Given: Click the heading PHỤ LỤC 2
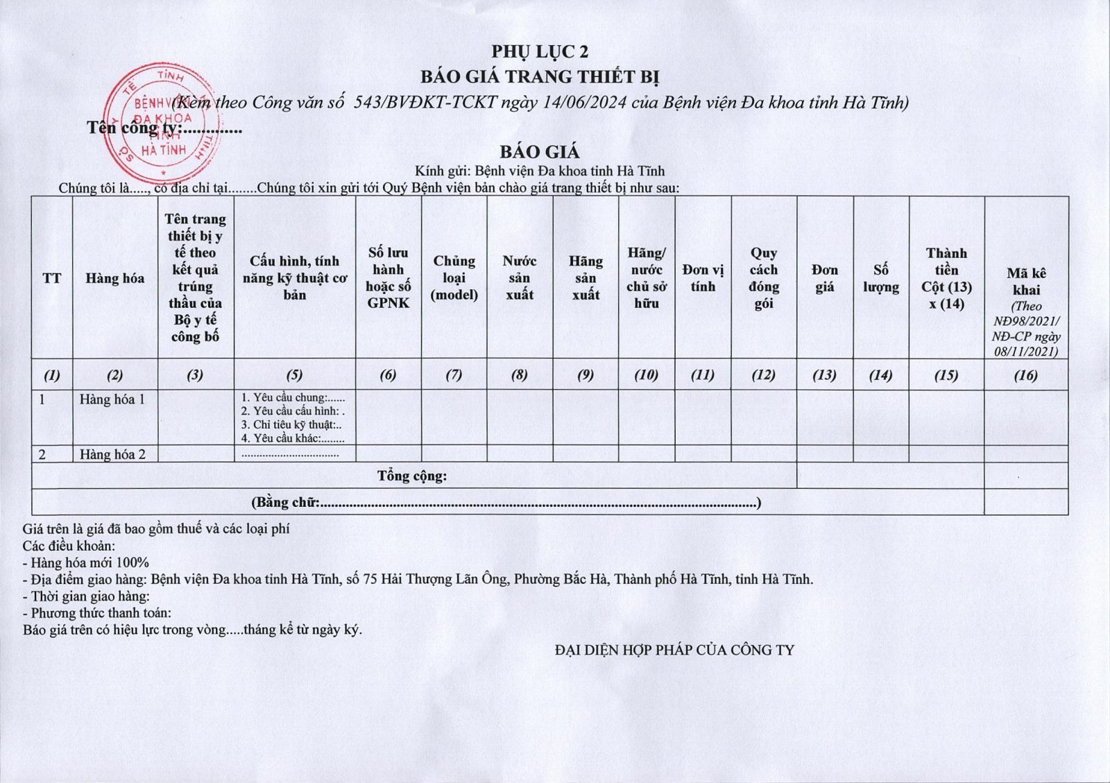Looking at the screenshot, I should coord(540,51).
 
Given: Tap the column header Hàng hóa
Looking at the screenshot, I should coord(115,278).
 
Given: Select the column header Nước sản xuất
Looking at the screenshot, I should coord(520,277).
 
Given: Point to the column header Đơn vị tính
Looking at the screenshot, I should coord(703,277).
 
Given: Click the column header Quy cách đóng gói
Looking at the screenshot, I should coord(763,277).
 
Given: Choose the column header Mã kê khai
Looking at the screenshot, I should coord(1026,282).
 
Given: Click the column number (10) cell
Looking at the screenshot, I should coord(646,375).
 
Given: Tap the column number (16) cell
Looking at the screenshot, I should coord(1025,375).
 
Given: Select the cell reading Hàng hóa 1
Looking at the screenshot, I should coord(112,399).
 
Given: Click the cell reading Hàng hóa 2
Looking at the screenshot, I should coord(112,454).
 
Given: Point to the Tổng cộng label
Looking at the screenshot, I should coord(412,476).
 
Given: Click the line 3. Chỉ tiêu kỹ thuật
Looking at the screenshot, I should coord(291,424).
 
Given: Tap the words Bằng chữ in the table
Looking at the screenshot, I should coord(286,502).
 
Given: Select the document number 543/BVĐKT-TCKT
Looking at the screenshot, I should coord(425,103).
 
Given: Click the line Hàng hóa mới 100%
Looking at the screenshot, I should coord(86,562).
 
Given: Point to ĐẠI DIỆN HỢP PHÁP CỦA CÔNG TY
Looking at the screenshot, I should coord(674,650).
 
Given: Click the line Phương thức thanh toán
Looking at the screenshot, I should coord(97,613).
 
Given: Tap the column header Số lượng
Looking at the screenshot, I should coord(881,277).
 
